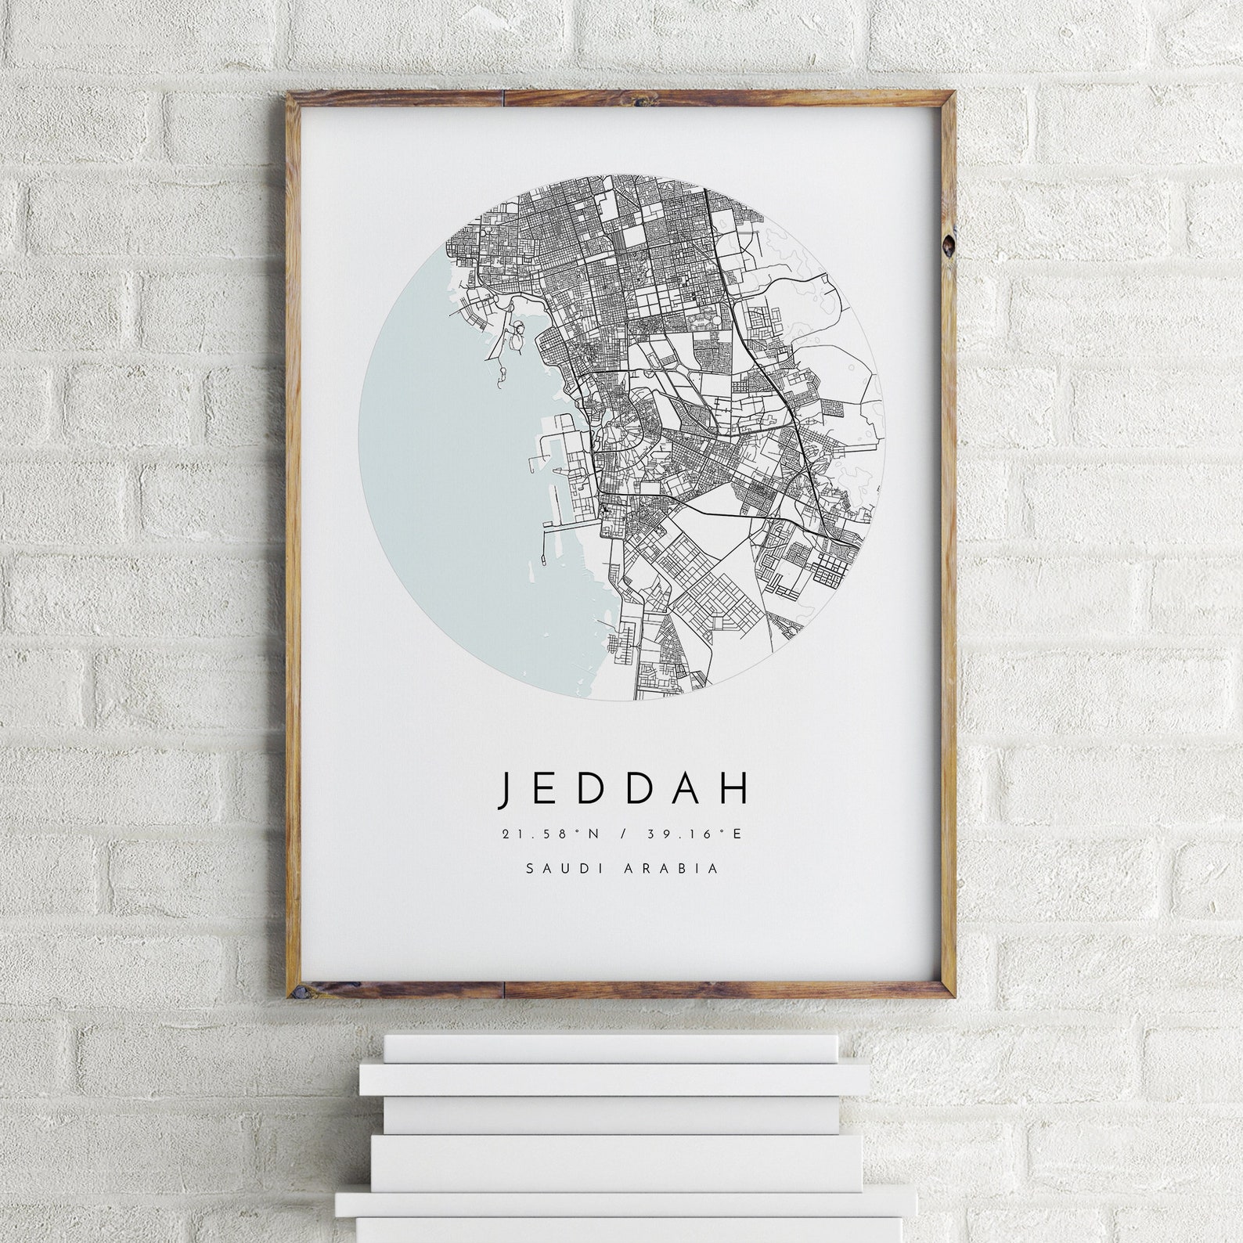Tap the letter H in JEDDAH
(734, 789)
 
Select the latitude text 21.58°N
(550, 834)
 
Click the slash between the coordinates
(623, 834)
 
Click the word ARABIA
(679, 868)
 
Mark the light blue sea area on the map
(438, 470)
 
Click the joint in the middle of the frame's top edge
(505, 97)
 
